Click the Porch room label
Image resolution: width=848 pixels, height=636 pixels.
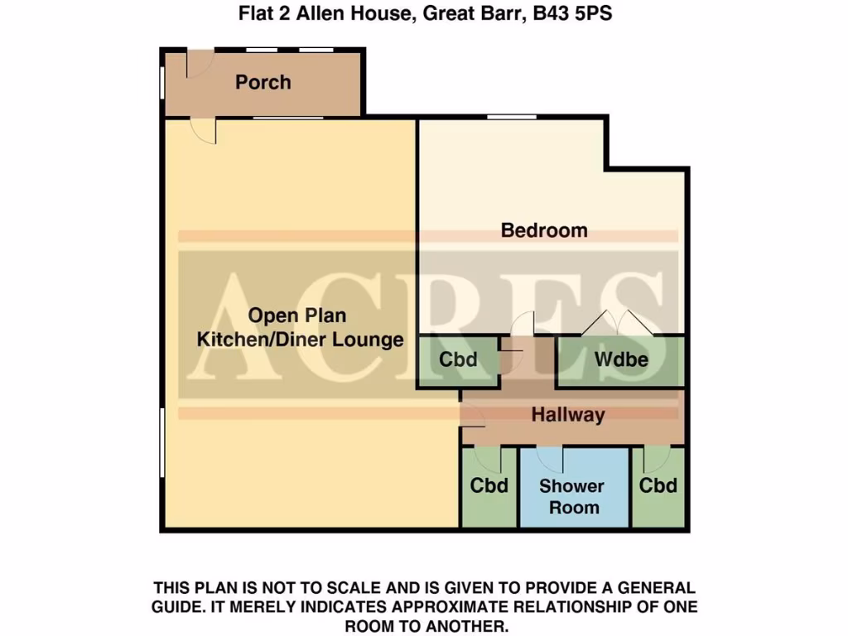(x=263, y=82)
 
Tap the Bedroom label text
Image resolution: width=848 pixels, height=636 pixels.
(x=544, y=230)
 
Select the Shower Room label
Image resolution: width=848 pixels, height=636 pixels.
(x=571, y=496)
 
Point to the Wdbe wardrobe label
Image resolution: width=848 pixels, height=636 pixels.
(x=620, y=360)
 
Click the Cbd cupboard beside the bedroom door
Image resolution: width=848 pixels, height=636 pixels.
(x=458, y=360)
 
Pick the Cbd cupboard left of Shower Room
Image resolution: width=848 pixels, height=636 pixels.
(x=489, y=485)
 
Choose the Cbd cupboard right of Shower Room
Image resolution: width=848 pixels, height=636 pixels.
(x=658, y=485)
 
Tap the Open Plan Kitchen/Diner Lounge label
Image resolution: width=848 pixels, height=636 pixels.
(x=299, y=328)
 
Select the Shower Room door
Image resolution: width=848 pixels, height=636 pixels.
(x=551, y=458)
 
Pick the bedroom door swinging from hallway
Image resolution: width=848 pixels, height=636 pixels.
(x=523, y=325)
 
